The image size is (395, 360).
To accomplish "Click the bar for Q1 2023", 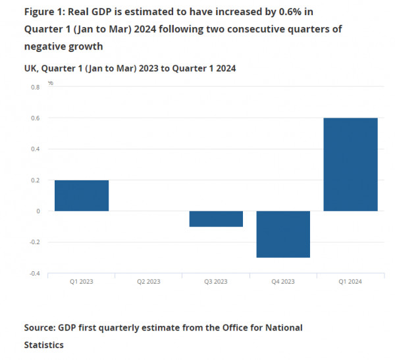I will pyautogui.click(x=82, y=195).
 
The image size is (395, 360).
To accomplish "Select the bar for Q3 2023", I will pyautogui.click(x=216, y=219).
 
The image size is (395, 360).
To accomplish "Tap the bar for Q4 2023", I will pyautogui.click(x=283, y=234).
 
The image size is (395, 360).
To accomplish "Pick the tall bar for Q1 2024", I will pyautogui.click(x=350, y=165).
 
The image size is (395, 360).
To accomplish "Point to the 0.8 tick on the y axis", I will pyautogui.click(x=34, y=87).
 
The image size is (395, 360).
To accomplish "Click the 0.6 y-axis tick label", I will pyautogui.click(x=34, y=118).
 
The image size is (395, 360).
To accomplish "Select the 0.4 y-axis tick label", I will pyautogui.click(x=34, y=149).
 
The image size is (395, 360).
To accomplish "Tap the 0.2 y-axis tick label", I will pyautogui.click(x=34, y=180).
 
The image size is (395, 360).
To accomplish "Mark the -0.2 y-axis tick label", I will pyautogui.click(x=33, y=242).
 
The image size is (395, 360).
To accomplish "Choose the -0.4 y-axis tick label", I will pyautogui.click(x=33, y=273).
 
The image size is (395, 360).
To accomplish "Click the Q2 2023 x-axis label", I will pyautogui.click(x=149, y=282).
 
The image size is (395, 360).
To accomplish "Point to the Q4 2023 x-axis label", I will pyautogui.click(x=283, y=282).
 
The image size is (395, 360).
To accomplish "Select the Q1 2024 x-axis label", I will pyautogui.click(x=350, y=282).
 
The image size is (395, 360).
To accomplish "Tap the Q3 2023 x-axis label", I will pyautogui.click(x=216, y=282).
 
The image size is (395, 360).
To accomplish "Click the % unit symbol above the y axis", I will pyautogui.click(x=50, y=83).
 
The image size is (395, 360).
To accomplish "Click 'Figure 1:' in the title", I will pyautogui.click(x=45, y=12).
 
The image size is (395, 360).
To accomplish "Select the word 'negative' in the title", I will pyautogui.click(x=46, y=46).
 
